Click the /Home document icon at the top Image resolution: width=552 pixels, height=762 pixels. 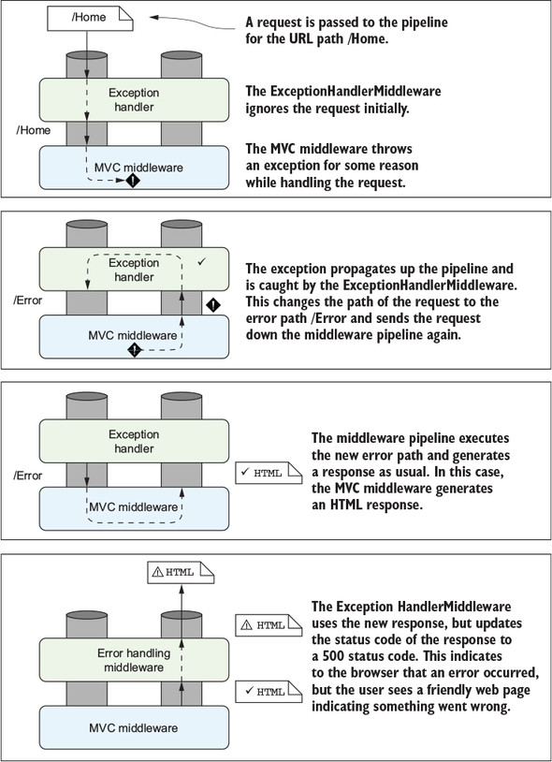pos(90,18)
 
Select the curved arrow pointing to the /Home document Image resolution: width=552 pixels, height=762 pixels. pos(195,22)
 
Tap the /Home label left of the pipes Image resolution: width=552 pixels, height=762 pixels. pos(34,130)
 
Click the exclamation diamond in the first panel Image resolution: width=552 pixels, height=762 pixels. pos(133,181)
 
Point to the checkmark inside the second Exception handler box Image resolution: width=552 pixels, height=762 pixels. pos(202,262)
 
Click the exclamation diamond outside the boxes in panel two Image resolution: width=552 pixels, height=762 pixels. pos(213,305)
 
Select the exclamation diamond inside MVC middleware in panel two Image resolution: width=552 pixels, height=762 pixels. pos(135,349)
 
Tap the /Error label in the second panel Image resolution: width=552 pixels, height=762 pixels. pos(28,300)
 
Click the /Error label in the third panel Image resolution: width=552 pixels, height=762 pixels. pos(28,476)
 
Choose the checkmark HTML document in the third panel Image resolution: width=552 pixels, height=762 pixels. pos(269,473)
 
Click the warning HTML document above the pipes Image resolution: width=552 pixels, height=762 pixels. pos(181,573)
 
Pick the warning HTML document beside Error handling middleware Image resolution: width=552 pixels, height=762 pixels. pos(269,625)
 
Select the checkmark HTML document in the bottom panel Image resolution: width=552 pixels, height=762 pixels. pos(269,692)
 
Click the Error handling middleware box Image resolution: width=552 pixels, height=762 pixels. pos(134,660)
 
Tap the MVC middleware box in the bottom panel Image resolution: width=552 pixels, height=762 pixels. pos(134,727)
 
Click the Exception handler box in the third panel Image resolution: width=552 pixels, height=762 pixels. pos(134,441)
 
